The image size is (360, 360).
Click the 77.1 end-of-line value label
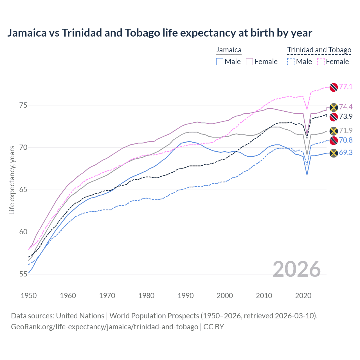346,87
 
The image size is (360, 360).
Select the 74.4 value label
346,107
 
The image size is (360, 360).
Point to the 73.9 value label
346,116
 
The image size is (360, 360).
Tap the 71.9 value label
346,130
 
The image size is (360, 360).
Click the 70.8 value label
346,140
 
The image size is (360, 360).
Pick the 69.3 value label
346,152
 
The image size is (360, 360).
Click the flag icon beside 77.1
334,87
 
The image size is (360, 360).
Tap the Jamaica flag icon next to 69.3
334,153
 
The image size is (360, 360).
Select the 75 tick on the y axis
23,105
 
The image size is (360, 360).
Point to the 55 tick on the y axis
23,274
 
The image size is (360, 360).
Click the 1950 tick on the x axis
29,296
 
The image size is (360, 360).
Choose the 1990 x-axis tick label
186,296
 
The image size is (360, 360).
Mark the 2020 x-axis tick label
303,296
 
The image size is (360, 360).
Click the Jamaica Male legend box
220,62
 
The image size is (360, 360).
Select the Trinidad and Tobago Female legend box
321,62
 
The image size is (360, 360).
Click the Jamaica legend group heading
229,50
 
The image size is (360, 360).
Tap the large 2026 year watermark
297,269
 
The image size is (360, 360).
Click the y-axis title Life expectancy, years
12,180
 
